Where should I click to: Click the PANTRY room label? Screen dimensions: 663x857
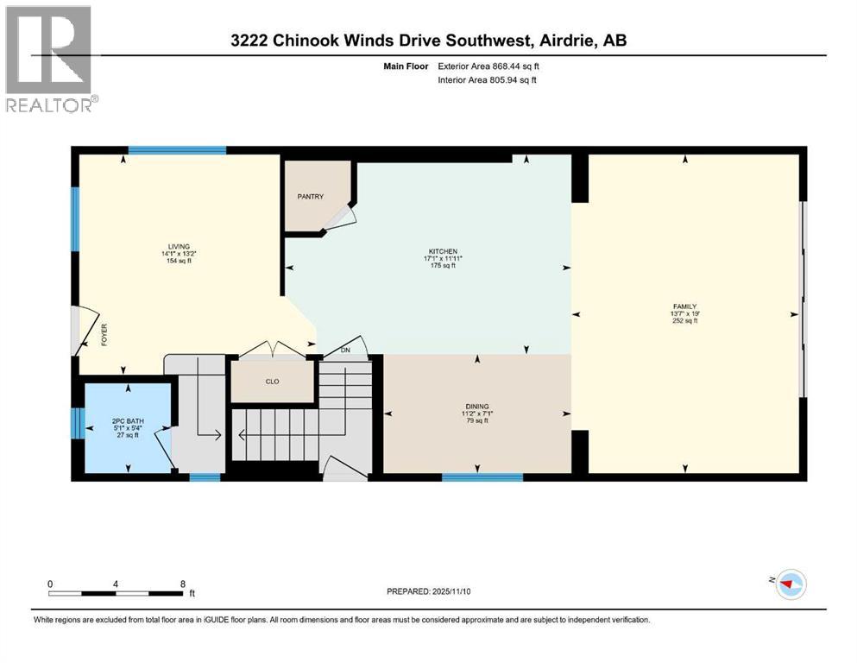(311, 197)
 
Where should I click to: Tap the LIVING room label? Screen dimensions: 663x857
(180, 246)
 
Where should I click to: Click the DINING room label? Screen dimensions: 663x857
(477, 406)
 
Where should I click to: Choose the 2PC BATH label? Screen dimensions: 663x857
(128, 420)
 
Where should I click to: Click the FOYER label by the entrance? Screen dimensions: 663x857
(104, 335)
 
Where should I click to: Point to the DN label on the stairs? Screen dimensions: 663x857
(346, 350)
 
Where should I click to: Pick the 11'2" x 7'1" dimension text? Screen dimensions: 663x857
(477, 414)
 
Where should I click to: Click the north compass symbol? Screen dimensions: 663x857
(789, 584)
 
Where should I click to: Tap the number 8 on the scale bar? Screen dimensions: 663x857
(182, 583)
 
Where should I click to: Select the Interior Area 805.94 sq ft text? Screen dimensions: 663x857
(488, 79)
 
